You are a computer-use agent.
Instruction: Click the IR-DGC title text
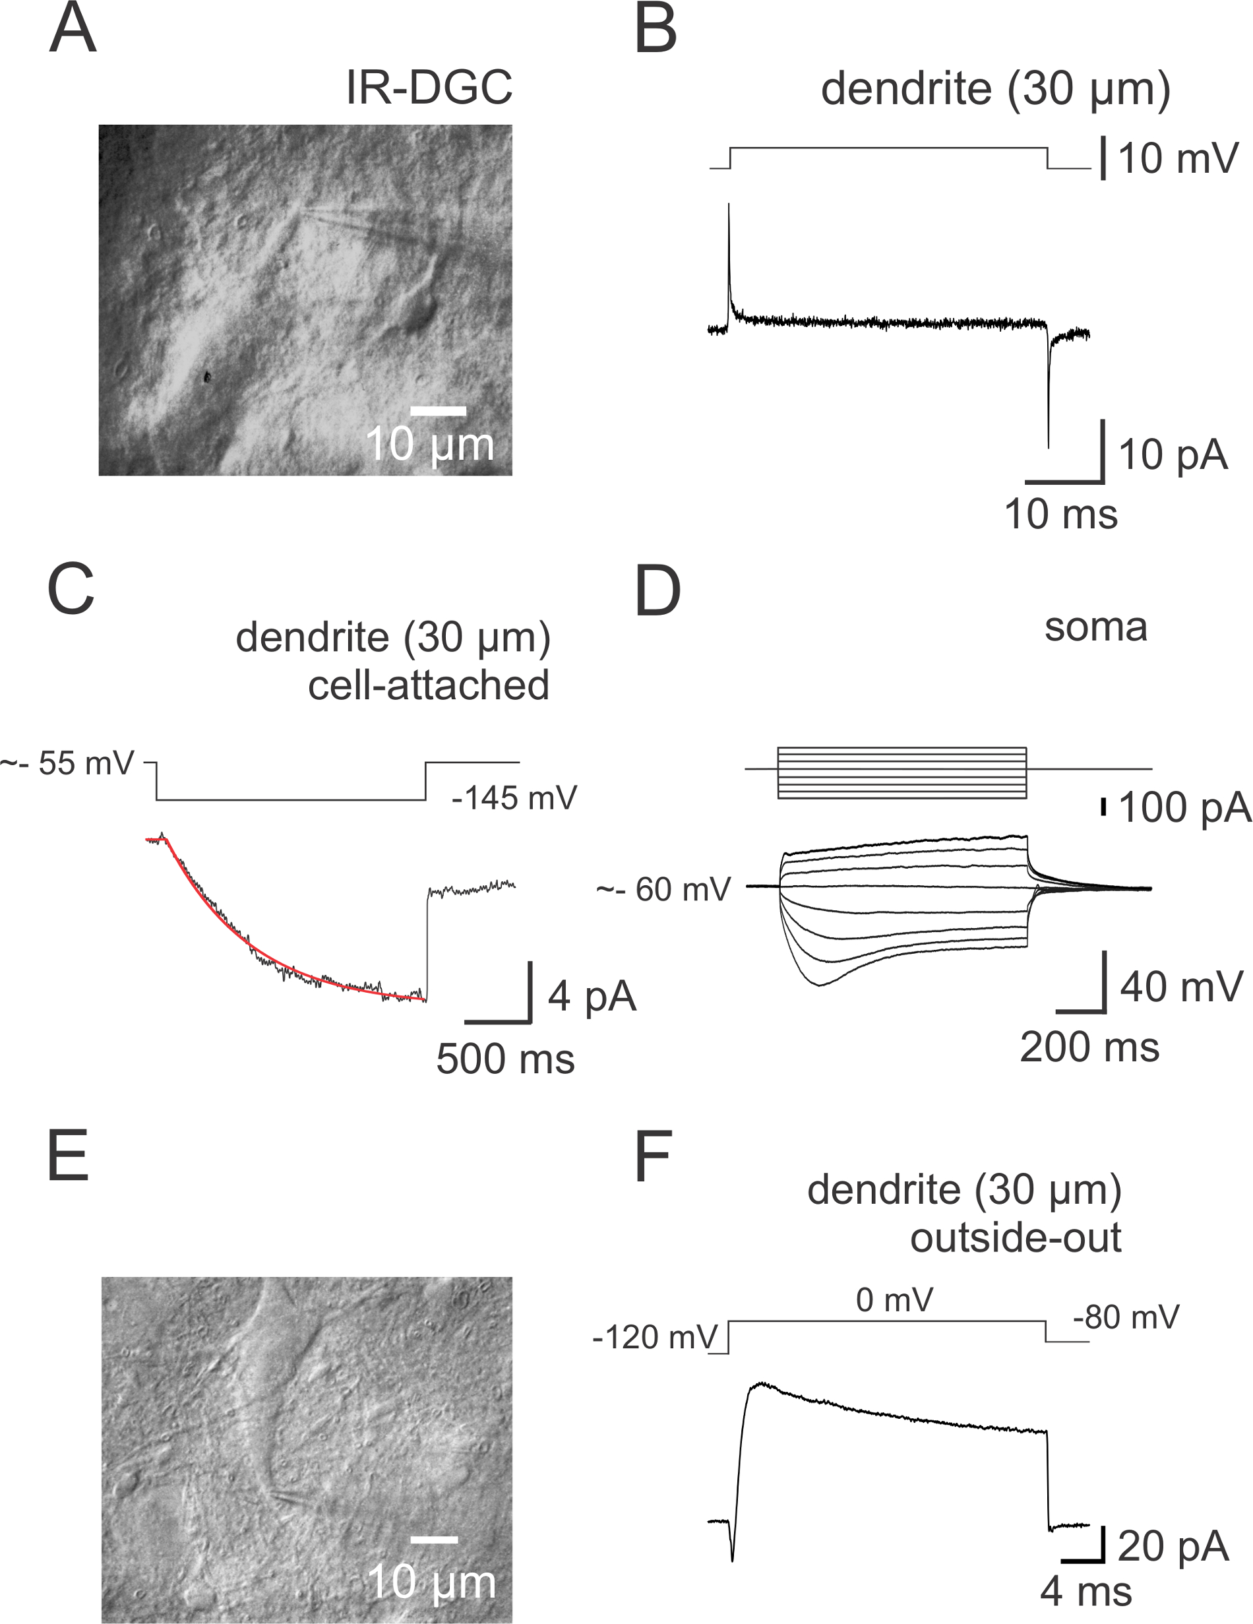tap(429, 88)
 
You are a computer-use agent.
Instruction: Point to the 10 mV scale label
tap(1178, 159)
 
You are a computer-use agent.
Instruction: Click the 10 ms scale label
tap(1060, 515)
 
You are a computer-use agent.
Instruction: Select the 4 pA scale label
tap(592, 997)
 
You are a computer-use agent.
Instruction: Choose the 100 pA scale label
tap(1184, 808)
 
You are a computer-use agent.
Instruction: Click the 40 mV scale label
tap(1181, 987)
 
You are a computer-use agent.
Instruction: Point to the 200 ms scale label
tap(1089, 1047)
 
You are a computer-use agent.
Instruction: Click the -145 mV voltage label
tap(514, 799)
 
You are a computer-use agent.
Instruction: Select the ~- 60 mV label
tap(663, 890)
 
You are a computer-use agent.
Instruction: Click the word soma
tap(1095, 627)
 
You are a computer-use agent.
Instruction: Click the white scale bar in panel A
tap(438, 410)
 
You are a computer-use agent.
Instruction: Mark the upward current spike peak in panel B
tap(729, 204)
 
